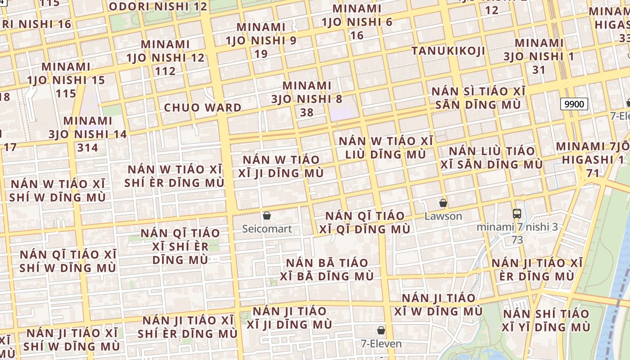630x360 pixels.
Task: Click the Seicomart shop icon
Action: point(267,216)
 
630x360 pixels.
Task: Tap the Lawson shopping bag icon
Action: point(443,203)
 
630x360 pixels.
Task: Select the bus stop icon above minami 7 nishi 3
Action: point(517,214)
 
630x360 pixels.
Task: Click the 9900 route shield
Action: point(574,104)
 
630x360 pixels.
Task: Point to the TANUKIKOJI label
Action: point(448,51)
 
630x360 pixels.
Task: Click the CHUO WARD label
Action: point(202,108)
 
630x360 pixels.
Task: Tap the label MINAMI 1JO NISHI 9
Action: point(261,40)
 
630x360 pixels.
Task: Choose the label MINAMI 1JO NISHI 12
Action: point(165,58)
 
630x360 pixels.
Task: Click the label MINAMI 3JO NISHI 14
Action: point(88,134)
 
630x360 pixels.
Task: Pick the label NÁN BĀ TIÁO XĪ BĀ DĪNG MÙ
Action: point(327,270)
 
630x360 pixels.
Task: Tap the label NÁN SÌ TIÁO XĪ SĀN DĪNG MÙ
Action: point(478,98)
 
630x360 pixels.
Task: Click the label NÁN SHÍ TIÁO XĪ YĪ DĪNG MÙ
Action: point(546,320)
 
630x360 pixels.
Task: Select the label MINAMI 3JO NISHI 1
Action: point(539,56)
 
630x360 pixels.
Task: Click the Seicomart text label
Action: point(267,229)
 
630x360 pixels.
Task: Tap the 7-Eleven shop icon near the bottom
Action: point(381,331)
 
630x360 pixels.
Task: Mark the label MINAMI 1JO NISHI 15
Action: point(66,80)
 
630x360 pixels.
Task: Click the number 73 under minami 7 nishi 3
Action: point(517,240)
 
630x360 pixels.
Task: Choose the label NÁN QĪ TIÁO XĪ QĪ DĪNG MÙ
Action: point(364,223)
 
